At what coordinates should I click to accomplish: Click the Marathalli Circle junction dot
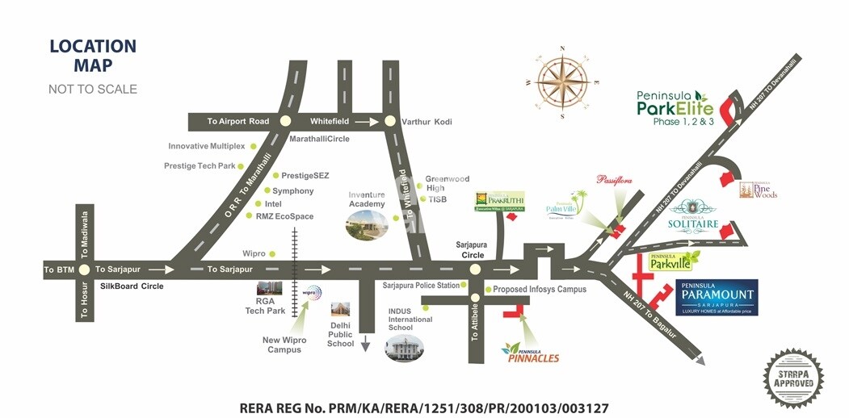click(284, 121)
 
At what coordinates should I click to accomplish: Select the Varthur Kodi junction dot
click(390, 121)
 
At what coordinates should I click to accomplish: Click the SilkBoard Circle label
click(131, 286)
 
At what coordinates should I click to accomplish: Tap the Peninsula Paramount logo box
click(717, 298)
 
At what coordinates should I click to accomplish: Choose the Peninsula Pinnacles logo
click(530, 353)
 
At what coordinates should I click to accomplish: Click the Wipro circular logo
click(311, 293)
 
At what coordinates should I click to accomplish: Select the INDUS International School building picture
click(405, 348)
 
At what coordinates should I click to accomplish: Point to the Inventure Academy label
click(367, 199)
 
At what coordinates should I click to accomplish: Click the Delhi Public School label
click(341, 335)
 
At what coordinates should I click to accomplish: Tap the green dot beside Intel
click(258, 204)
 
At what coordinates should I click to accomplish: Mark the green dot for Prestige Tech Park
click(242, 166)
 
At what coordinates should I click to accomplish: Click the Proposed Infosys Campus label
click(540, 289)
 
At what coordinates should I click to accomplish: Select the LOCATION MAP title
click(93, 56)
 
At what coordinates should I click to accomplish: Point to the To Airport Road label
click(237, 121)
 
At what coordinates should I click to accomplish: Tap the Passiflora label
click(617, 181)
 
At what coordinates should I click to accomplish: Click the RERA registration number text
click(424, 408)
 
